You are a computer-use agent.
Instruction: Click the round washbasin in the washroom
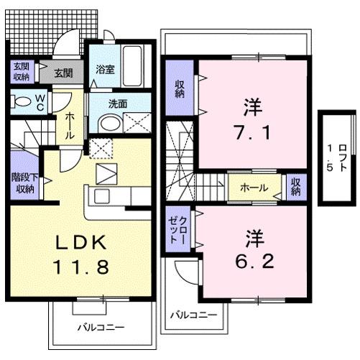(108, 124)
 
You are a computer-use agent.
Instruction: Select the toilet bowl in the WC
(21, 100)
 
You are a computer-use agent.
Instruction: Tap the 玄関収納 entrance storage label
(20, 73)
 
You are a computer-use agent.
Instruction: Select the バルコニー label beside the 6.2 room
(190, 315)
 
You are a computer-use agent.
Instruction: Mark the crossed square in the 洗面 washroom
(134, 123)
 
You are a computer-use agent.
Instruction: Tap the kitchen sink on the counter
(99, 197)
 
